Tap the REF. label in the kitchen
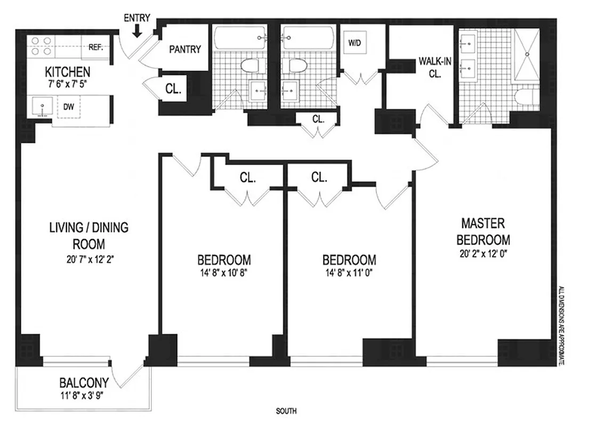click(x=95, y=47)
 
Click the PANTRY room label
click(x=185, y=50)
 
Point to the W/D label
click(x=354, y=43)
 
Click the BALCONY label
click(x=84, y=382)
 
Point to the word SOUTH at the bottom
click(x=286, y=411)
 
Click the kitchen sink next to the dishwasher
click(x=41, y=106)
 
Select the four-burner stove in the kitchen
click(x=41, y=46)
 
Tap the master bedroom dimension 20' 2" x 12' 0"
click(x=483, y=253)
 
